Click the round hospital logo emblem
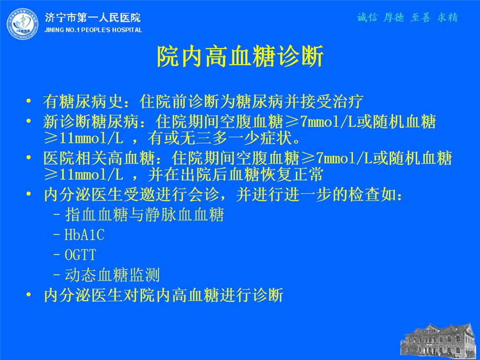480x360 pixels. (23, 24)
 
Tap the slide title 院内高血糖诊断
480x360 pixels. (240, 56)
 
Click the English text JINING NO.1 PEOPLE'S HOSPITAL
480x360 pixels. (93, 30)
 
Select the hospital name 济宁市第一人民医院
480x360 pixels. (93, 18)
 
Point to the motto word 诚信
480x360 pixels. (367, 18)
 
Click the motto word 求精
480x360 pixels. (448, 18)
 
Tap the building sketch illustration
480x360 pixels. (439, 342)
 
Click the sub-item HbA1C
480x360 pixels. (84, 235)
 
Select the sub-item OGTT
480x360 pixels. (80, 255)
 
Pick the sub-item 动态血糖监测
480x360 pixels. (112, 275)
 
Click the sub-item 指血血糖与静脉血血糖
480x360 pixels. (144, 215)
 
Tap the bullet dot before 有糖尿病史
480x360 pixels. (28, 100)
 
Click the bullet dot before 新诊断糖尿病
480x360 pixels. (28, 121)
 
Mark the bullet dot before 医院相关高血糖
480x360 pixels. (28, 157)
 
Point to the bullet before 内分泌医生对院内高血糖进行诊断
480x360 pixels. (28, 294)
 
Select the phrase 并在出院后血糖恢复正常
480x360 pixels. (236, 174)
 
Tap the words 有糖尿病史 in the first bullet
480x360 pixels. (83, 101)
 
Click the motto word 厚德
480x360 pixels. (394, 18)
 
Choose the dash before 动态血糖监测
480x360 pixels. (57, 275)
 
